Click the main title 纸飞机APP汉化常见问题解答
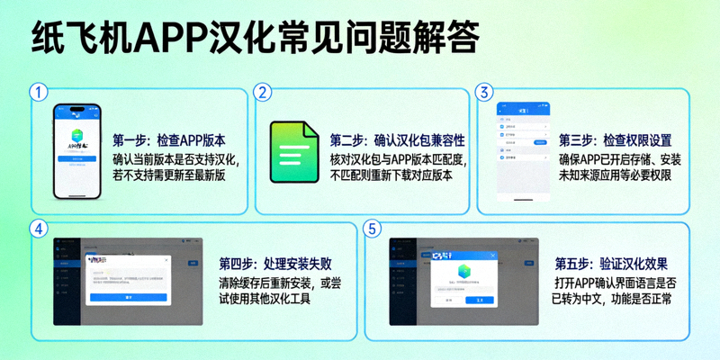point(254,40)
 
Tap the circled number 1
point(38,92)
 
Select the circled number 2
point(262,92)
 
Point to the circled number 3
point(484,92)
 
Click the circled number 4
point(38,229)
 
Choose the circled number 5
point(373,229)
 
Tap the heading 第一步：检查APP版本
point(168,140)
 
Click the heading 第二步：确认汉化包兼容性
point(397,140)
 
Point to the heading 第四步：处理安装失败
point(274,265)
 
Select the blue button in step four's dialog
point(129,296)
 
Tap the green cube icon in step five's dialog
point(463,271)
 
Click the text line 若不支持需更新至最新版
point(168,175)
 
